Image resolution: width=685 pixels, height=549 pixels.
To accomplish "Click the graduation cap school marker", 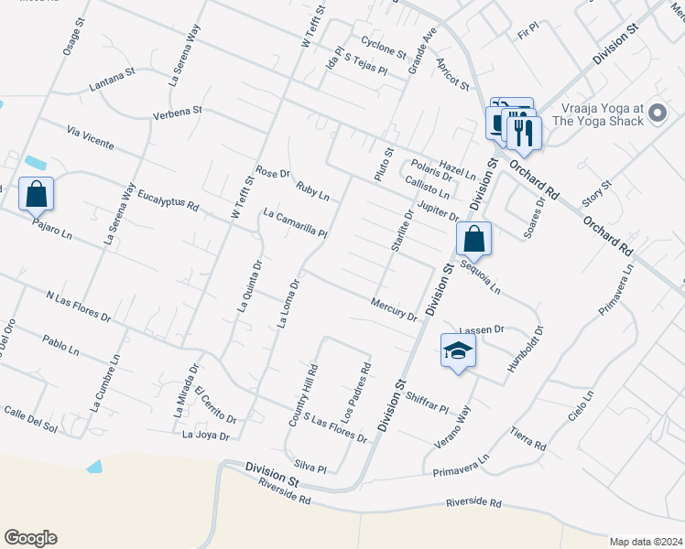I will point(459,351).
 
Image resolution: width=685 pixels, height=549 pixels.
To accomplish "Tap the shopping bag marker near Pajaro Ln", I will point(36,195).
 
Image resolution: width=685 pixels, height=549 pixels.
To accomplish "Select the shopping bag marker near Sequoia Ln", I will point(473,240).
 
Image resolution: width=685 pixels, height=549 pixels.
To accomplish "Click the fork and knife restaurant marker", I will point(524,132).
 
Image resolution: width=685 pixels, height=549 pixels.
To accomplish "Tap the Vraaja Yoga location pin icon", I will point(657,113).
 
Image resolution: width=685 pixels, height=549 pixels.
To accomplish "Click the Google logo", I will point(30,538).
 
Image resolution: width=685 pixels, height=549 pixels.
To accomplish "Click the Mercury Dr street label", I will point(394,309).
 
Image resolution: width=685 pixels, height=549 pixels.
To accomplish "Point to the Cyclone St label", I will point(383,47).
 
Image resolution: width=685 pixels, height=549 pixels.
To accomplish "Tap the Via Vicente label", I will point(90,138).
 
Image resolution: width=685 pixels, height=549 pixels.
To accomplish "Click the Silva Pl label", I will point(310,467).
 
